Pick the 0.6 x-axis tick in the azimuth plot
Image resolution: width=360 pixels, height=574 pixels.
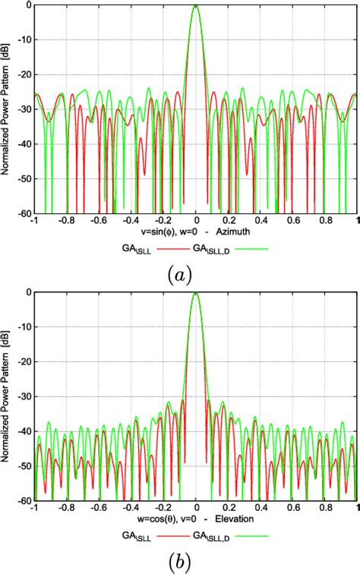click(294, 222)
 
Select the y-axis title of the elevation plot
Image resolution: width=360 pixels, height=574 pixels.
click(7, 396)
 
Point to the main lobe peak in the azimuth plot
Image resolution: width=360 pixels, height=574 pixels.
click(196, 6)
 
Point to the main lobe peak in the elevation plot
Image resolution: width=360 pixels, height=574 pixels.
click(196, 293)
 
